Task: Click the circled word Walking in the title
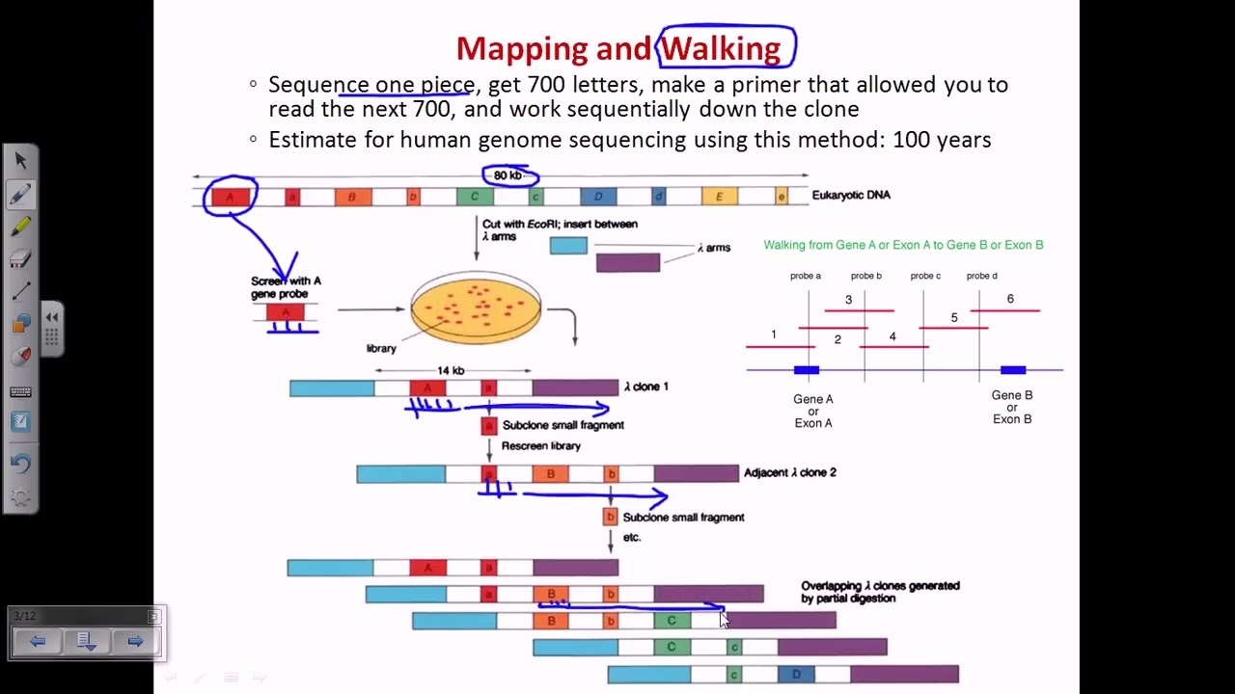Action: click(x=721, y=48)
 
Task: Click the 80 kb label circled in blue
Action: click(x=508, y=175)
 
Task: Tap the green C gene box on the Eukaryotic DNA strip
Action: click(x=474, y=197)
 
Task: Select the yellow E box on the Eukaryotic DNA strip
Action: click(x=719, y=197)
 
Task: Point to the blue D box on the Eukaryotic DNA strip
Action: click(x=598, y=197)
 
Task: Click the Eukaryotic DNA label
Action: click(x=851, y=195)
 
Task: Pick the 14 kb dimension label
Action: click(x=451, y=370)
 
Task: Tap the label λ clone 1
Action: click(x=646, y=387)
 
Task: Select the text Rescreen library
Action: click(x=540, y=446)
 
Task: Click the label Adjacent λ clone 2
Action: click(x=789, y=472)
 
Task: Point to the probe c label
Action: click(x=925, y=276)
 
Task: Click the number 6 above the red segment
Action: click(x=1010, y=299)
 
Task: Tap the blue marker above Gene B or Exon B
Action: click(x=1013, y=370)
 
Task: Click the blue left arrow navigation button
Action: click(x=38, y=641)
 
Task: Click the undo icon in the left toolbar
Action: click(x=20, y=463)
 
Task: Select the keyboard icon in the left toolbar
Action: click(x=20, y=392)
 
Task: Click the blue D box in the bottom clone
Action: click(x=796, y=675)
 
